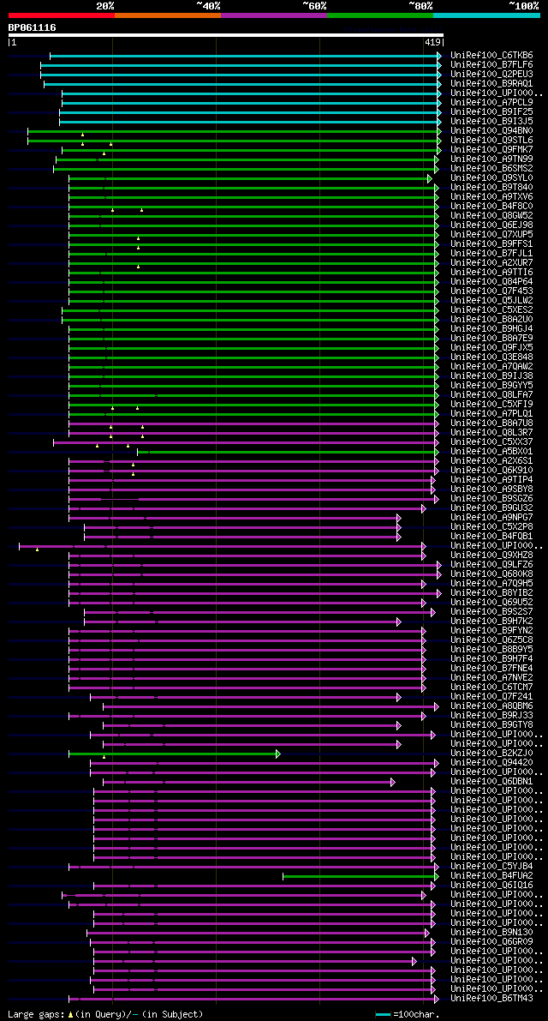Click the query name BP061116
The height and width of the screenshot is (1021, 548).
(x=33, y=27)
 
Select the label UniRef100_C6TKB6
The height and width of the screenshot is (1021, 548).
(x=491, y=56)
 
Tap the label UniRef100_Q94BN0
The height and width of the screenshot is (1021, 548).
(x=491, y=131)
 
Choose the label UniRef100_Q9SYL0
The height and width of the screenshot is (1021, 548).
(x=491, y=178)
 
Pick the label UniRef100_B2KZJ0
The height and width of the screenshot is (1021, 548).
(x=491, y=754)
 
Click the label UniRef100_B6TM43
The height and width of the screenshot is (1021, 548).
(x=491, y=999)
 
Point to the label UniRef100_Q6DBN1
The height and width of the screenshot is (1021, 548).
(x=491, y=782)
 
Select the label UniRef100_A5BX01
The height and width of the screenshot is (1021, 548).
(x=491, y=452)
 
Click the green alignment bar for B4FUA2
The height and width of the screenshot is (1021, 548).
(x=360, y=876)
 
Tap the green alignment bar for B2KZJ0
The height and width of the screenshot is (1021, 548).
(x=171, y=754)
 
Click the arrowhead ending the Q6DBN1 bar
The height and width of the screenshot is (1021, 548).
(x=392, y=782)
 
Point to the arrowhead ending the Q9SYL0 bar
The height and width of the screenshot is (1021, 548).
(x=430, y=178)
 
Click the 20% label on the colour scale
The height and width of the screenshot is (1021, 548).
(x=105, y=5)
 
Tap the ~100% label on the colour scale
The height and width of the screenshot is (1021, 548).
(x=523, y=5)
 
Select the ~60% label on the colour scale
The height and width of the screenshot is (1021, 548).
(x=313, y=5)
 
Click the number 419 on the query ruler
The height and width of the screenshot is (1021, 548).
(x=432, y=41)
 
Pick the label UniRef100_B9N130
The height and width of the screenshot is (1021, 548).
(x=491, y=933)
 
